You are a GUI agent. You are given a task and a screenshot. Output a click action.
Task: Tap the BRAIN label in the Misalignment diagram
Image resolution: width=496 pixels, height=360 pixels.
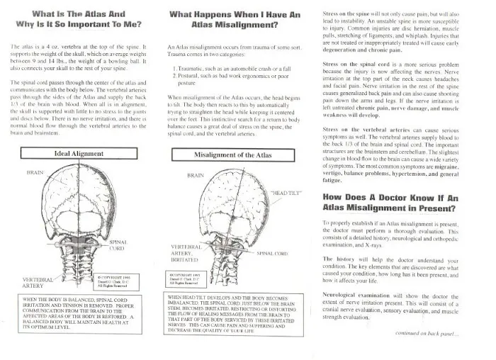click(x=196, y=175)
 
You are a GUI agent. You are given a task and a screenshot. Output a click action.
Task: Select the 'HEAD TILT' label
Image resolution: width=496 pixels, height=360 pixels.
click(x=287, y=193)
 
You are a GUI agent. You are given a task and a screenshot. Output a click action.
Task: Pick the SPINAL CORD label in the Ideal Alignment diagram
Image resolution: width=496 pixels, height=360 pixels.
click(x=118, y=244)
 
